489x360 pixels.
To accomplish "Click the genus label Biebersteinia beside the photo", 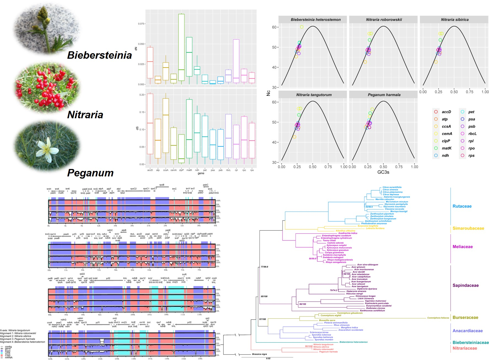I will click(x=100, y=55).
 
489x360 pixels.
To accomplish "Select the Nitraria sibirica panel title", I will click(x=455, y=20).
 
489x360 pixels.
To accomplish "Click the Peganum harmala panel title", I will click(x=384, y=95).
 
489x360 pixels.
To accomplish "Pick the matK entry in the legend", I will click(x=447, y=148).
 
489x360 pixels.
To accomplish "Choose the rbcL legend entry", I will click(x=472, y=134).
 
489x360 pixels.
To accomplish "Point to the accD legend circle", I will click(x=436, y=112).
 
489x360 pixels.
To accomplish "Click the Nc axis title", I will click(x=268, y=93).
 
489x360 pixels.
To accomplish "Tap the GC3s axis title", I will click(x=383, y=172).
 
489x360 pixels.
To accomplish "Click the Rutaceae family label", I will click(x=462, y=206).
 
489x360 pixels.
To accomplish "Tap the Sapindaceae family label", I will click(x=465, y=286).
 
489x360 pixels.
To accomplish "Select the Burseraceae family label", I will click(x=465, y=318).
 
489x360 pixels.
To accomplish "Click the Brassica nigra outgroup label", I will click(x=259, y=354).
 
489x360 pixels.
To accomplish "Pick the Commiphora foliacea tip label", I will click(x=438, y=318).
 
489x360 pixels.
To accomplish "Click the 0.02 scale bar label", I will click(x=268, y=358).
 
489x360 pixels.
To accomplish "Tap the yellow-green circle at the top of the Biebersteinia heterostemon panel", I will click(x=301, y=27).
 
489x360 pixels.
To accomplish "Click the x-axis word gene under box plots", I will click(x=201, y=173).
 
